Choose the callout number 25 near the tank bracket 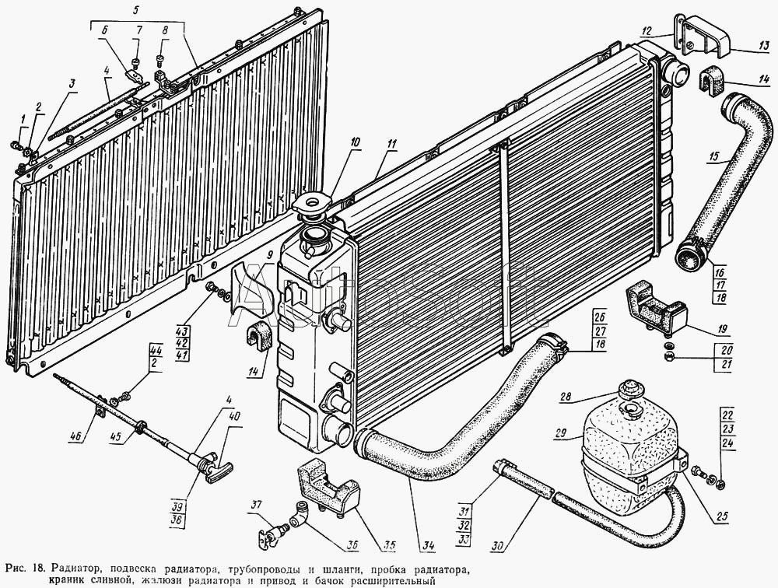[722, 516]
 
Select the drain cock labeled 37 [272, 536]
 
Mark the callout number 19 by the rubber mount [722, 328]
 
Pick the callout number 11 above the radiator [392, 145]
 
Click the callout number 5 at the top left [137, 9]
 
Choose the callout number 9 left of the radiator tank [269, 256]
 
